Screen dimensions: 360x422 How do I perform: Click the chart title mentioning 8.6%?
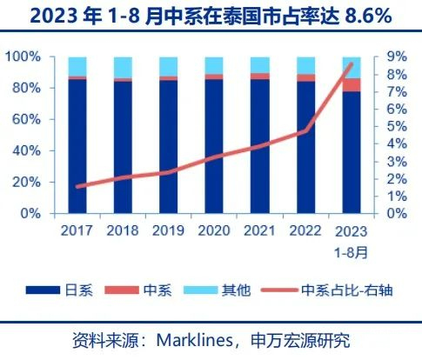click(211, 15)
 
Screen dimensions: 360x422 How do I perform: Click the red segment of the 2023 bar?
click(352, 84)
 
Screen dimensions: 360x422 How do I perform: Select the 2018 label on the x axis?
click(124, 231)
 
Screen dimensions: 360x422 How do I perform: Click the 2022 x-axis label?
click(305, 231)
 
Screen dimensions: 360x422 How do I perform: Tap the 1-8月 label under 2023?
click(352, 251)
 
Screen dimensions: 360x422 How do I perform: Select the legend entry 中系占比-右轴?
click(346, 290)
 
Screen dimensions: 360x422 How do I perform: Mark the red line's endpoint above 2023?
click(352, 63)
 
